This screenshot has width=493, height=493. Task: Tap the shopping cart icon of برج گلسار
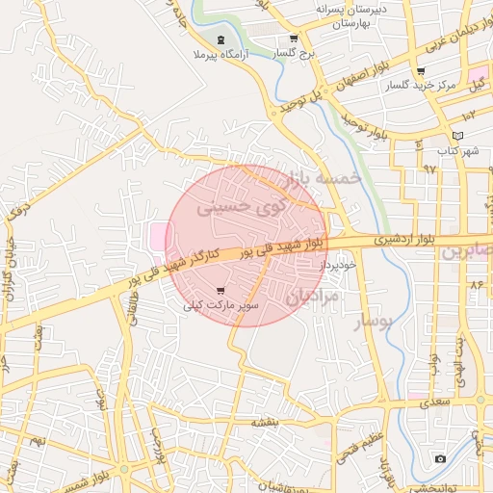[294, 39]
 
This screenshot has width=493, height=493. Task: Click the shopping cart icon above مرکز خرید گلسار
[421, 70]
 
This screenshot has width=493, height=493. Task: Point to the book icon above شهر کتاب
[457, 135]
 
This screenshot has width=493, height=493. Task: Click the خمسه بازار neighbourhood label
[323, 179]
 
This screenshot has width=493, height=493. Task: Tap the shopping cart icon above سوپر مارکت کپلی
[221, 290]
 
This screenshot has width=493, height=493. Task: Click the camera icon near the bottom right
[440, 458]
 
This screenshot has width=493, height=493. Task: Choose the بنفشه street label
[265, 422]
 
